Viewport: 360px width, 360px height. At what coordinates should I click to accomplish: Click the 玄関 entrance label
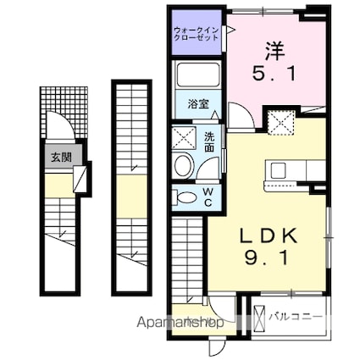point(61,157)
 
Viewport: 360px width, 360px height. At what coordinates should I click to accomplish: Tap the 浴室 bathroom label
point(198,104)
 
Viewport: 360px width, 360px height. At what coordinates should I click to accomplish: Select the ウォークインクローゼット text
point(197,34)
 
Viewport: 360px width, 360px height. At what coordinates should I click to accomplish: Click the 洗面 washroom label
point(209,142)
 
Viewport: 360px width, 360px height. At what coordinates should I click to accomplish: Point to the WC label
point(208,197)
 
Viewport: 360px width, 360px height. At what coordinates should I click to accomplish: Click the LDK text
point(269,235)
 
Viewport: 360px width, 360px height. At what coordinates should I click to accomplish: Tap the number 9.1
point(267,258)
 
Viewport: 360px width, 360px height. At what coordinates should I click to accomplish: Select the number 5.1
point(274,75)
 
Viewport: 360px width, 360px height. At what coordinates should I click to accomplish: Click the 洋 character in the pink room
point(274,52)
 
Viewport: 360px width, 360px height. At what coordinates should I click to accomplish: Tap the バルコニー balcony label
point(295,316)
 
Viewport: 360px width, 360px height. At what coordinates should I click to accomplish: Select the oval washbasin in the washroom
point(184,165)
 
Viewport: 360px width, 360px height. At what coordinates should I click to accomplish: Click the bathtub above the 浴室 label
point(198,75)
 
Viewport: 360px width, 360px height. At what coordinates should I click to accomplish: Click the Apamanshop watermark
point(180,323)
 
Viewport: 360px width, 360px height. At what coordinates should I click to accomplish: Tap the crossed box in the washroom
point(184,138)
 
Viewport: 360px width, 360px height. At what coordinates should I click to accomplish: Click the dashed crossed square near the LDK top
point(281,123)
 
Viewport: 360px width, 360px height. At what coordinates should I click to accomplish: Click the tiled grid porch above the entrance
point(64,112)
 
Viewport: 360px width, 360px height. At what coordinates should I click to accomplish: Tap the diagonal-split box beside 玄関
point(80,178)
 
